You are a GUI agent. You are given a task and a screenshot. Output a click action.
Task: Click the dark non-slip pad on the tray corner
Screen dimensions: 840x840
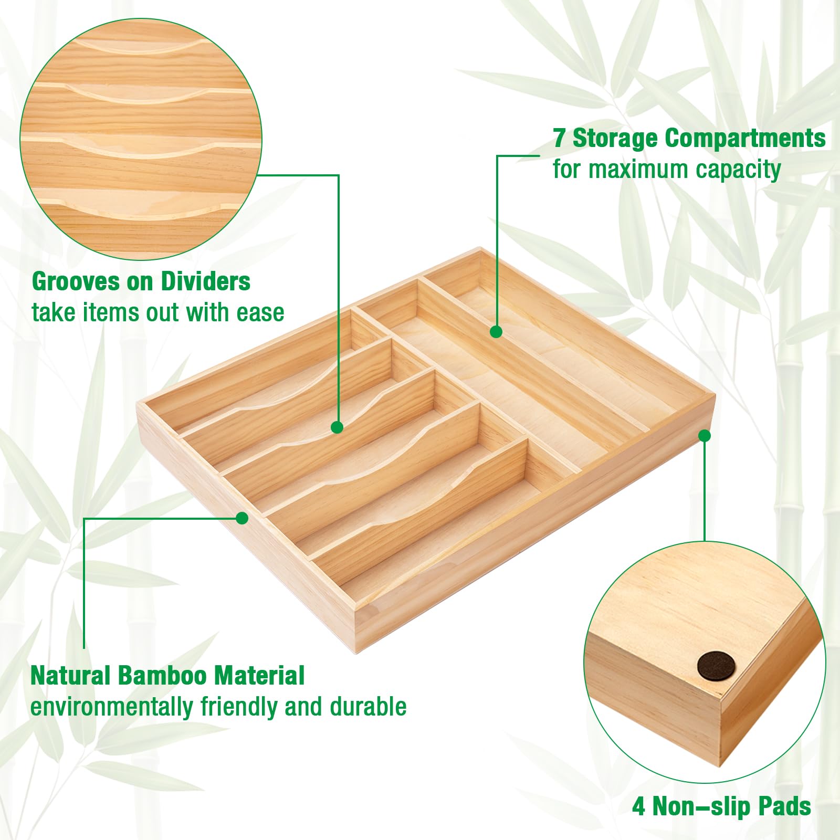pos(716,667)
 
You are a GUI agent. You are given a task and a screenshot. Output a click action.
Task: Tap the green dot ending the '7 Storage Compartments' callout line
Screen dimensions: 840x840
pos(496,332)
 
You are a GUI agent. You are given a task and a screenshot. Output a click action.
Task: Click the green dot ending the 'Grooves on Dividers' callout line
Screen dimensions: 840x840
pos(338,427)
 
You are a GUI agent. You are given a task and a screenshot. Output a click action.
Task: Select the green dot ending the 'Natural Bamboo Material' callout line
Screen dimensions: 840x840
pos(242,518)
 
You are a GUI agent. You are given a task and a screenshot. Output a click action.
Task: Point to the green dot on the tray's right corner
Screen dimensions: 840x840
pos(705,436)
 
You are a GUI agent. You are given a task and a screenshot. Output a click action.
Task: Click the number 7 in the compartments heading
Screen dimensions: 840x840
pos(559,139)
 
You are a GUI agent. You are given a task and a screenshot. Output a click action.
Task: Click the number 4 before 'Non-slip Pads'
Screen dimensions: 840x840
pos(638,806)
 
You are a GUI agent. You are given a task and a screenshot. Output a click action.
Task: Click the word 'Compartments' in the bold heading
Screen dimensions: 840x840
pos(745,139)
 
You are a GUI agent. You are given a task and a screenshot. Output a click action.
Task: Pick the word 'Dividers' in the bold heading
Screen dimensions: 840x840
pos(205,282)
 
